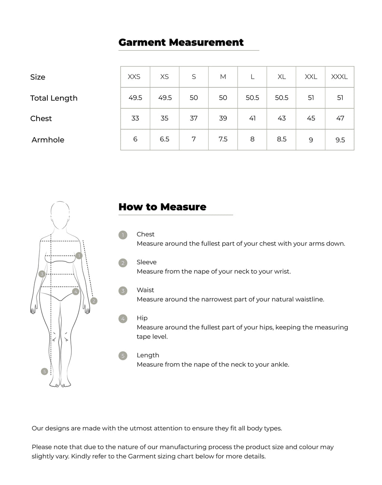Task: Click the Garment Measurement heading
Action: click(181, 42)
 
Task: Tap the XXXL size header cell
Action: click(339, 77)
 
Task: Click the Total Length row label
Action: click(54, 98)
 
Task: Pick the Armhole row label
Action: click(48, 140)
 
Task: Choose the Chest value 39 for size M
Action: click(223, 118)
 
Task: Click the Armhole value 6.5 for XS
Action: click(165, 139)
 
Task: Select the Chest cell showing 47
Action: click(340, 118)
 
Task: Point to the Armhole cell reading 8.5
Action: click(282, 139)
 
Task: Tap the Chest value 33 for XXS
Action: click(135, 118)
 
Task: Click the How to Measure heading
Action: click(162, 207)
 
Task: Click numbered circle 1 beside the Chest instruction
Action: click(123, 235)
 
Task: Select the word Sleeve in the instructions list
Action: click(146, 262)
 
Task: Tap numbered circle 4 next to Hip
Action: click(123, 319)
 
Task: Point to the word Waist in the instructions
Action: click(145, 290)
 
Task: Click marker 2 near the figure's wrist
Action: click(94, 301)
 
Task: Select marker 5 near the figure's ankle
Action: click(45, 371)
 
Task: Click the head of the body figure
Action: click(60, 215)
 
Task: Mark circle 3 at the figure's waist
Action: click(42, 274)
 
